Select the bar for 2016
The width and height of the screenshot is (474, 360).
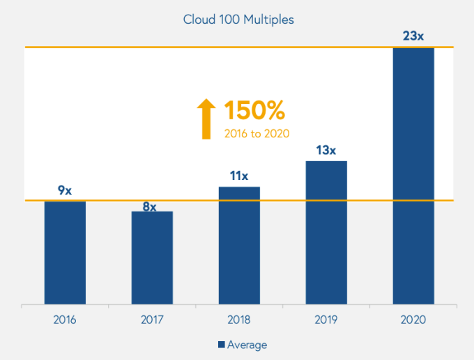click(x=65, y=253)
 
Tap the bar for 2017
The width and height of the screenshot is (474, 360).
click(x=152, y=258)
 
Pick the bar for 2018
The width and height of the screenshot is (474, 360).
click(x=239, y=246)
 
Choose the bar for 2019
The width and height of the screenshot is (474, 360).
click(x=326, y=233)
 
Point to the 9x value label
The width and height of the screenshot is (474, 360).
click(x=65, y=190)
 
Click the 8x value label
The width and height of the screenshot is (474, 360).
click(x=150, y=207)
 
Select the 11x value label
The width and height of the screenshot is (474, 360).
click(x=239, y=176)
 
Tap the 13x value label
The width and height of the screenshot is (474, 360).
click(x=326, y=150)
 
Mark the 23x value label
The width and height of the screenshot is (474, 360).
click(x=413, y=36)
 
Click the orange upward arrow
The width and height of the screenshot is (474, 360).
click(x=206, y=119)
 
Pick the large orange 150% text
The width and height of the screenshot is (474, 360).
click(x=254, y=111)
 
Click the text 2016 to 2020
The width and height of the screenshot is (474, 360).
click(x=257, y=133)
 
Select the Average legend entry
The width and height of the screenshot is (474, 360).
click(x=243, y=345)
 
